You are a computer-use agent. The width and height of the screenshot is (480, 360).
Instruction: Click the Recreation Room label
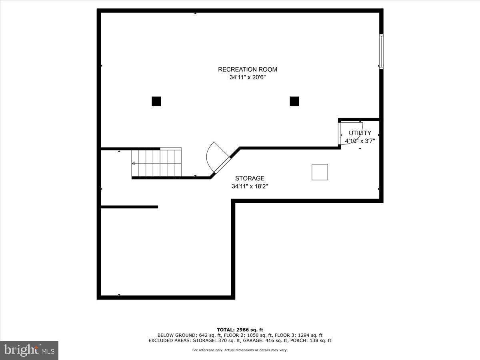tap(247, 69)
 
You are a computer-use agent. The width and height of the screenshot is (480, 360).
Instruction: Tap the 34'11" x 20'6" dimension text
tap(247, 78)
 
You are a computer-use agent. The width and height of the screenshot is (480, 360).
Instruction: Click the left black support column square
tap(156, 101)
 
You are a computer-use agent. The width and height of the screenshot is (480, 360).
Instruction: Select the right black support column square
tap(294, 101)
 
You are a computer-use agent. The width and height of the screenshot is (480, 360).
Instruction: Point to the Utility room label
tap(360, 133)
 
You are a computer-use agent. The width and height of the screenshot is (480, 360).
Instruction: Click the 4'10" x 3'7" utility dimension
tap(360, 141)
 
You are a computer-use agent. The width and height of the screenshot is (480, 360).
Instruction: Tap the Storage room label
tap(250, 178)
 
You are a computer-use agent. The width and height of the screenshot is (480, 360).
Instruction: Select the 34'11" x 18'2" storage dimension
tap(250, 186)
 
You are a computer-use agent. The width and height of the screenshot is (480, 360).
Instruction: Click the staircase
tap(156, 162)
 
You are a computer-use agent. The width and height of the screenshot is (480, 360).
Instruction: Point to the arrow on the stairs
tap(134, 163)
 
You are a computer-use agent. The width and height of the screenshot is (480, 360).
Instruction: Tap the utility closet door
tap(340, 134)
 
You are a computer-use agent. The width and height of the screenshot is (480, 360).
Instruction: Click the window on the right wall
tap(381, 52)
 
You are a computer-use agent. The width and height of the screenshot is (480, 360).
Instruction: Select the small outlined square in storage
tap(320, 172)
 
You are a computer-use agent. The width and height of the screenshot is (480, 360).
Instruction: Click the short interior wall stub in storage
tap(129, 207)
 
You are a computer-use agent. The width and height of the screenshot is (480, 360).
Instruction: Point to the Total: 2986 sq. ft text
tap(240, 330)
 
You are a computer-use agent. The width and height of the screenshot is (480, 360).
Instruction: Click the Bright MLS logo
tap(29, 350)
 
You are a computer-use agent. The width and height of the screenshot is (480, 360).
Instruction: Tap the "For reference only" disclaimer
tap(240, 350)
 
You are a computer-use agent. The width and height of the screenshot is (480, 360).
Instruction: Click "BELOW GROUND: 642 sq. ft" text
tap(182, 335)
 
